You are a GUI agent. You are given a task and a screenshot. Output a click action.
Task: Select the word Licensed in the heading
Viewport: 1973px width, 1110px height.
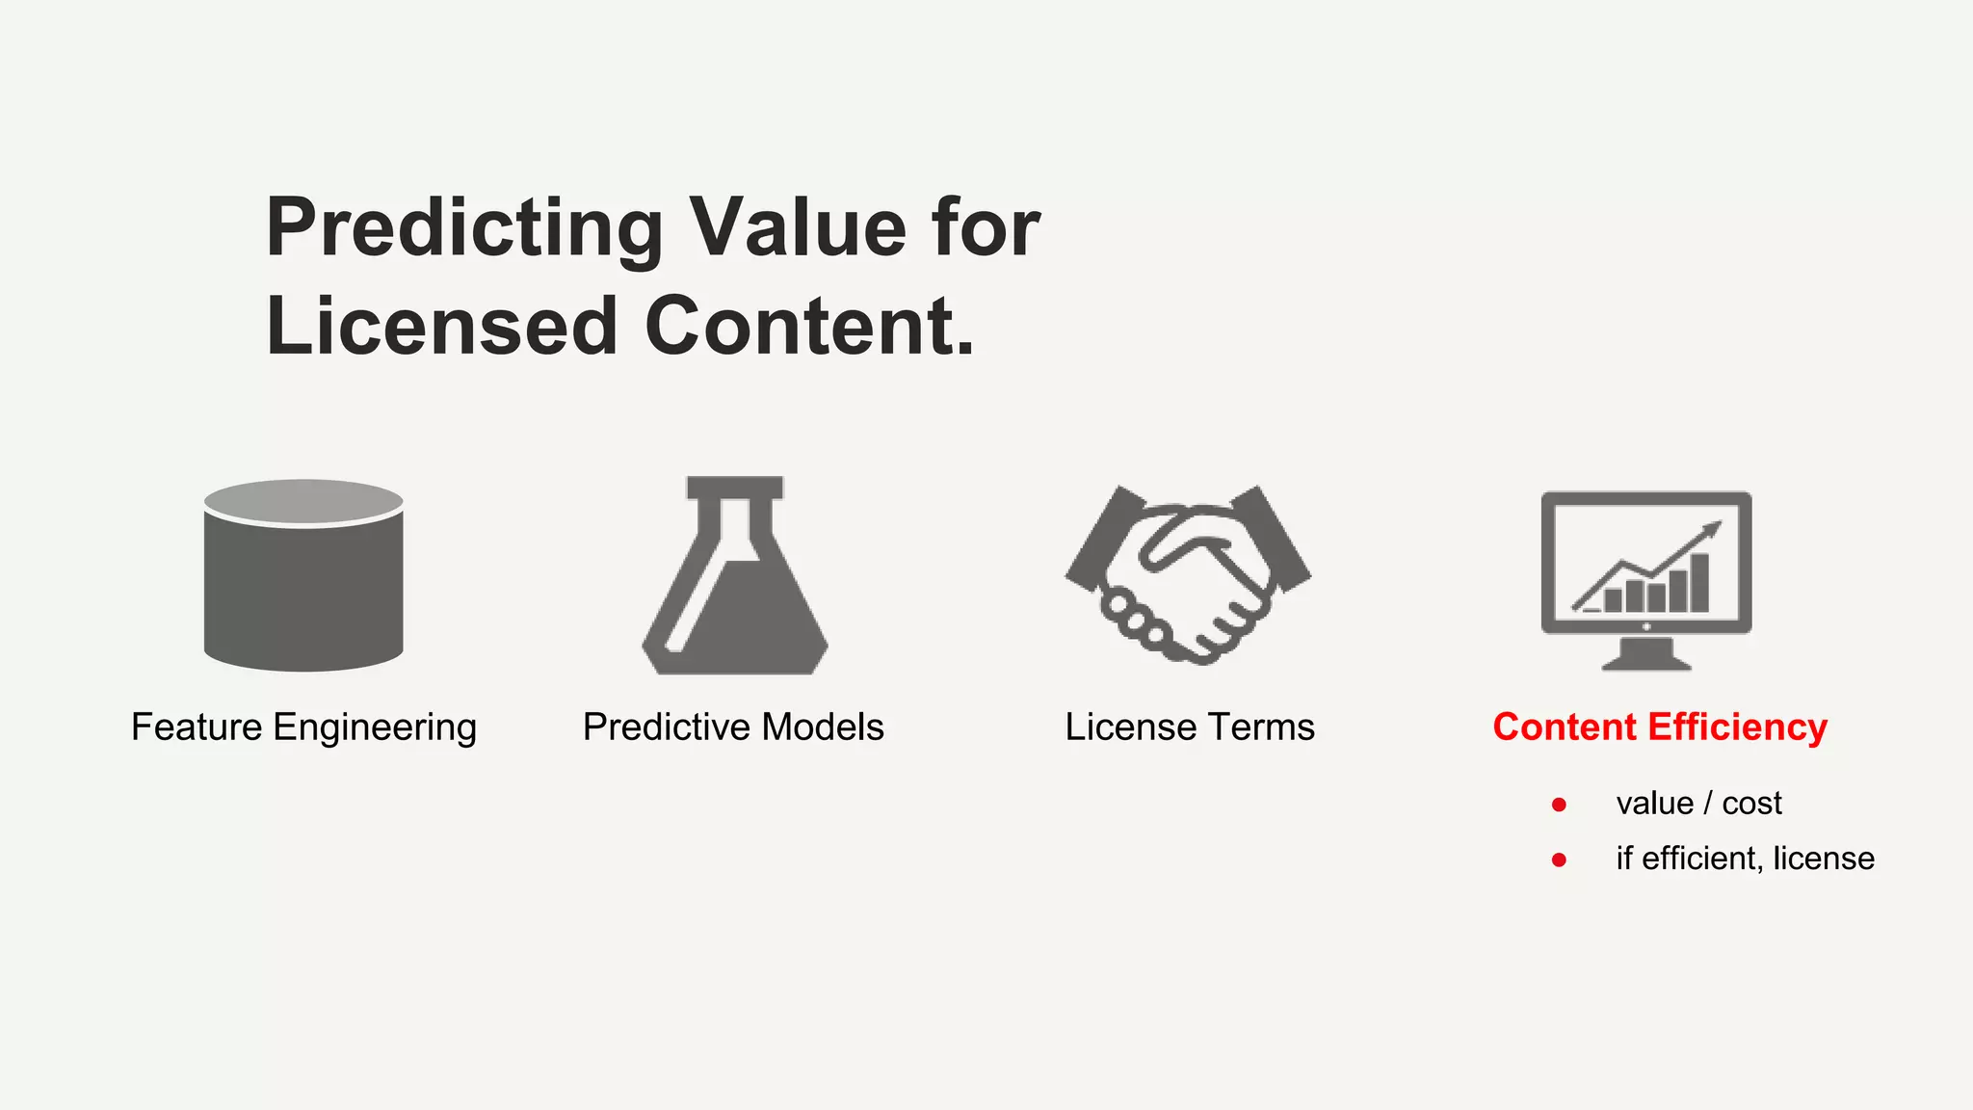(441, 327)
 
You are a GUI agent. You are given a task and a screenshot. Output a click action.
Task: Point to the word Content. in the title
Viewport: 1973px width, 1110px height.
(809, 327)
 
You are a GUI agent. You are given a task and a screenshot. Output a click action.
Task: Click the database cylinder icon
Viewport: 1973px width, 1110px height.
(303, 588)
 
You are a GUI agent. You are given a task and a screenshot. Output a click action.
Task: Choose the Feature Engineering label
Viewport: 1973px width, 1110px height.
(303, 727)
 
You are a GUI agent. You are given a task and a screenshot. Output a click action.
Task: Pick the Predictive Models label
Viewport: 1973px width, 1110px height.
(733, 727)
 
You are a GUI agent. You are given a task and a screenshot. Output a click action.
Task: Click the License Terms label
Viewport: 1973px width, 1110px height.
(1190, 727)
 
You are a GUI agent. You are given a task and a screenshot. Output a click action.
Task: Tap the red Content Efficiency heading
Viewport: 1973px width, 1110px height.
(1660, 727)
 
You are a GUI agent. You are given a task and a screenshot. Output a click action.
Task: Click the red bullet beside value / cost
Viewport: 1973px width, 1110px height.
(1559, 805)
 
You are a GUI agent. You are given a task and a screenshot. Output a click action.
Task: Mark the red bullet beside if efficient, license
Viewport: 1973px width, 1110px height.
(1559, 859)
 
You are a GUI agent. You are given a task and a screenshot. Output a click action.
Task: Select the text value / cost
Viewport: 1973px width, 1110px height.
(1698, 804)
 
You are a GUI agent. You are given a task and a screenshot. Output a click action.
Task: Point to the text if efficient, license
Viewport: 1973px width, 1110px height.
(1745, 859)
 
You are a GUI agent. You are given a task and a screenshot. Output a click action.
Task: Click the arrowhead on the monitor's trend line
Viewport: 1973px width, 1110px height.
(1712, 529)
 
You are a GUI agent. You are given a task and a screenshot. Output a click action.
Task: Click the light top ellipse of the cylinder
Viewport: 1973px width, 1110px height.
(303, 502)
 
